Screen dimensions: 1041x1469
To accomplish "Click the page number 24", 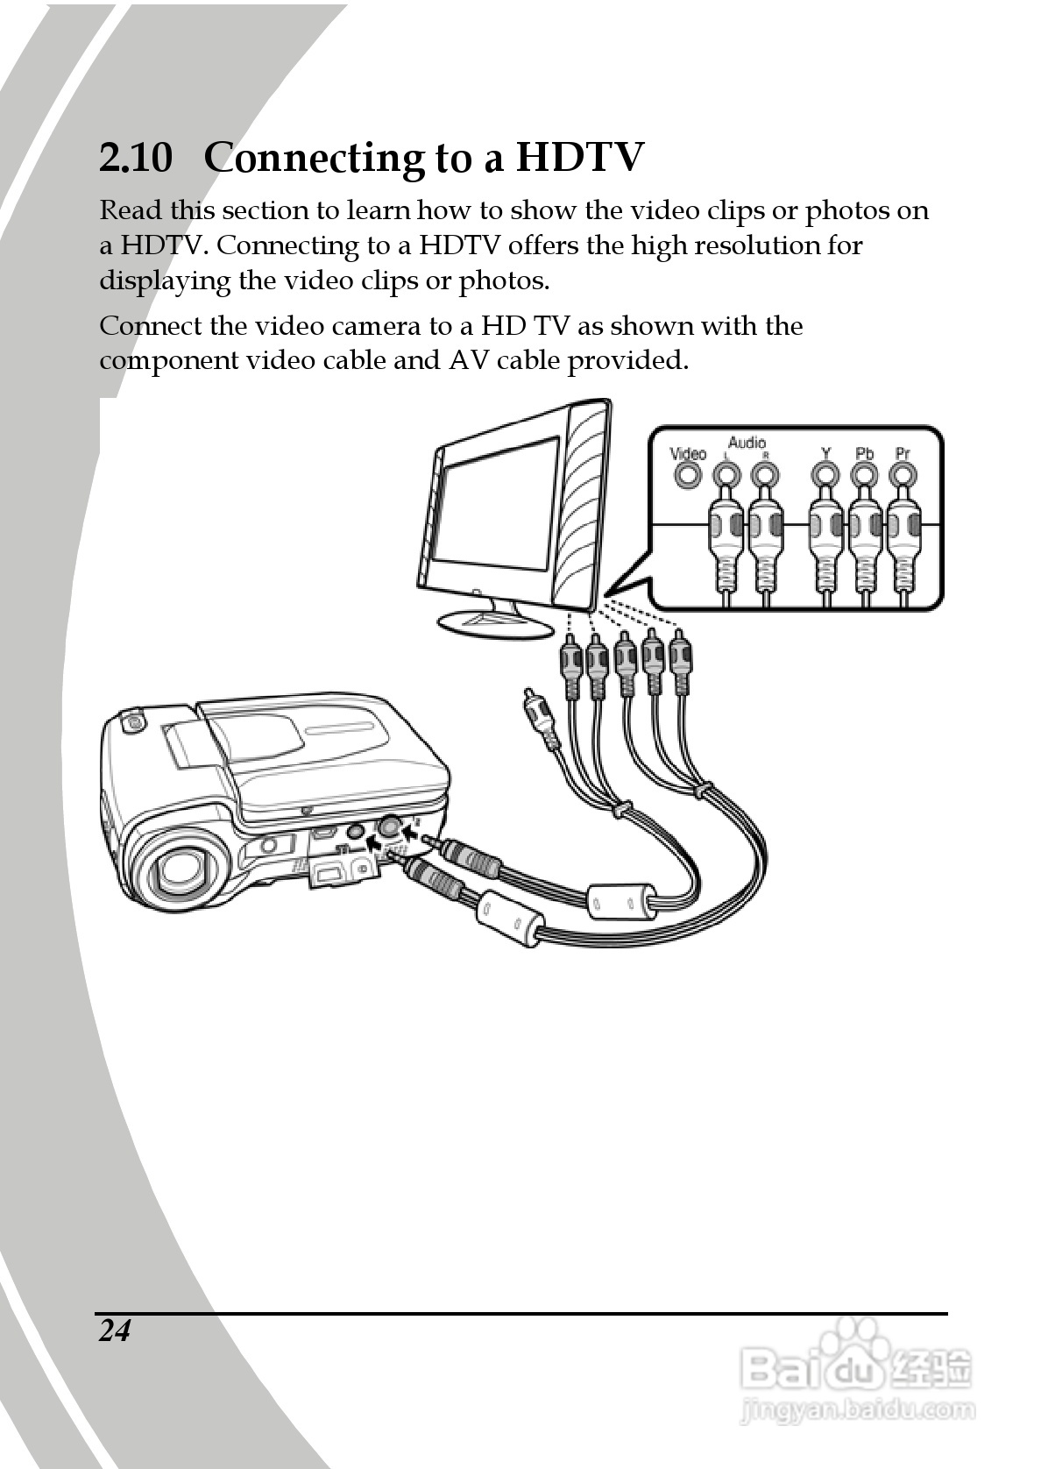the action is tap(114, 1331).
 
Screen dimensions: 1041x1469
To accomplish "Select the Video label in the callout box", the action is tap(688, 453).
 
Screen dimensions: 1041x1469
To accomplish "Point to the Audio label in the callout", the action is tap(747, 443).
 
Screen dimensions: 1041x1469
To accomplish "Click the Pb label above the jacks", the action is tap(864, 453).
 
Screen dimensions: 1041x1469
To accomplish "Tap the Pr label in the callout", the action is tap(903, 453).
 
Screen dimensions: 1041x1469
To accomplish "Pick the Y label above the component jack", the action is tap(825, 453).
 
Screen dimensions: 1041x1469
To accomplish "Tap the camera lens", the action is tap(184, 869).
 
